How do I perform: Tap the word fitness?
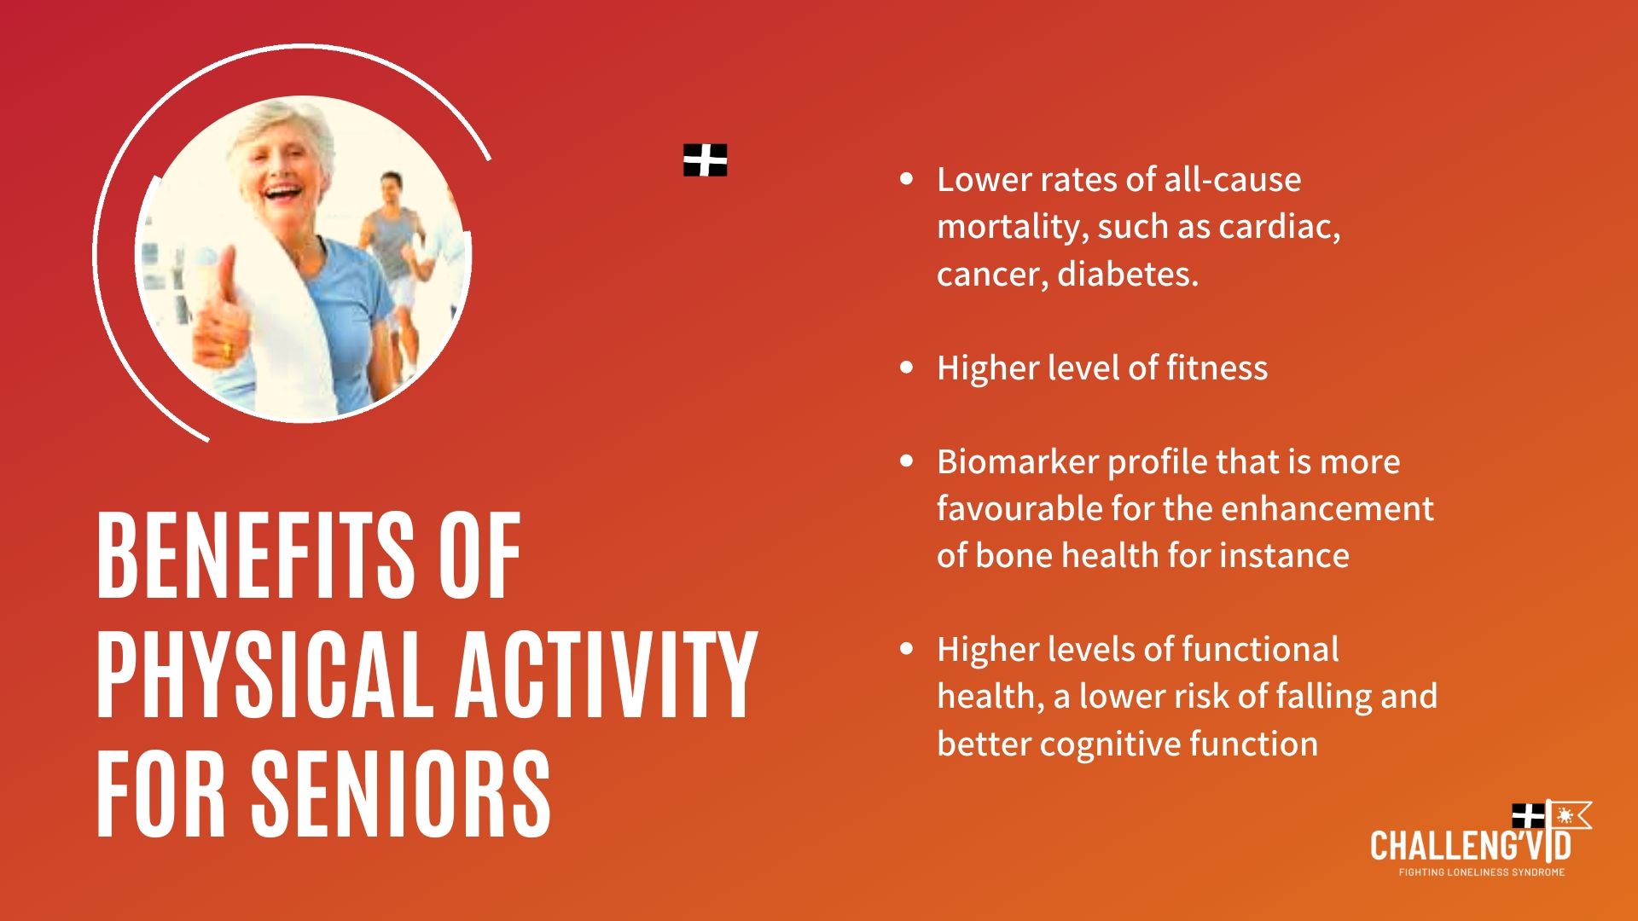[x=1217, y=368]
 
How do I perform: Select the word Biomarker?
[x=1017, y=461]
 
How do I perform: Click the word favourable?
[x=1019, y=508]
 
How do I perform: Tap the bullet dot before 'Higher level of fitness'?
[x=906, y=368]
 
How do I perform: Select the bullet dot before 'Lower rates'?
[x=906, y=179]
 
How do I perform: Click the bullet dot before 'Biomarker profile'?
[x=906, y=461]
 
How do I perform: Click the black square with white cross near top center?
[x=706, y=160]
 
